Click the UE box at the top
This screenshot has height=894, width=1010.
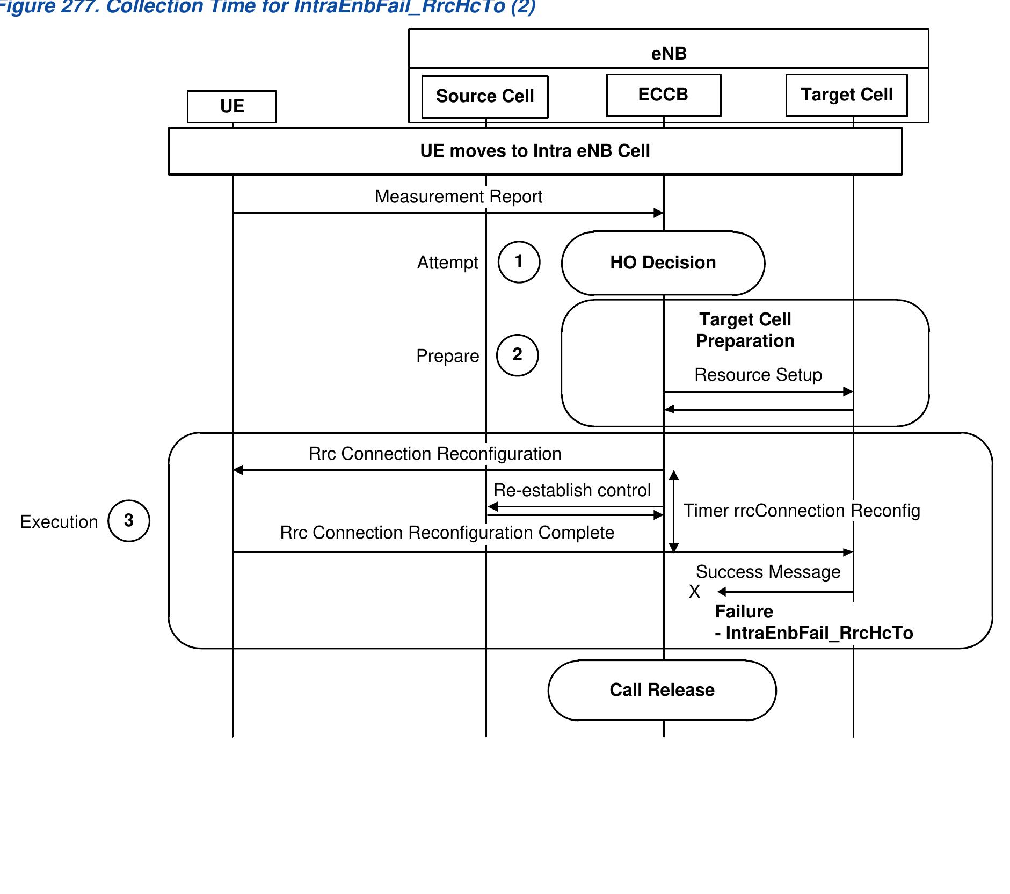point(232,106)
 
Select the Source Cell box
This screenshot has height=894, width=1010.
point(485,96)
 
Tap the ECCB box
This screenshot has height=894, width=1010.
point(663,95)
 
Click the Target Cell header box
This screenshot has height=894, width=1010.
point(847,95)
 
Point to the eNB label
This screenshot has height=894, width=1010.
point(669,54)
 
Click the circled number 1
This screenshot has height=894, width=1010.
point(519,261)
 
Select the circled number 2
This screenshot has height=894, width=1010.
point(517,355)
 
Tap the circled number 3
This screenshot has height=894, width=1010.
point(129,520)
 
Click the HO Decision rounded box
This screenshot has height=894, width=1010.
point(663,263)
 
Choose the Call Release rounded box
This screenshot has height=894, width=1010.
point(662,690)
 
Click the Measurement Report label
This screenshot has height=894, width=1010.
point(458,197)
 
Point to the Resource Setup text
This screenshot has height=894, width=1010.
point(758,375)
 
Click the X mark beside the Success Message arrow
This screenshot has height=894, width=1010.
point(694,592)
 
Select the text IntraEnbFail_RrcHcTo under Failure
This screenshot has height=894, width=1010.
point(818,633)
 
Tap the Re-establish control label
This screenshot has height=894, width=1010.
point(572,490)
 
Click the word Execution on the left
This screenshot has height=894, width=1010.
point(59,522)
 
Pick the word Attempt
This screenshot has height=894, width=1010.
point(447,263)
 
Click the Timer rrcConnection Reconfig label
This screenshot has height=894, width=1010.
point(801,511)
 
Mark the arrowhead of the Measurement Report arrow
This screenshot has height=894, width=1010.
point(659,213)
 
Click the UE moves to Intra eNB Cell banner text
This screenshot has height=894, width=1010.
point(535,151)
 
